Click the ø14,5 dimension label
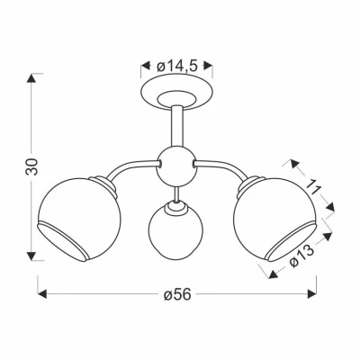pos(176,67)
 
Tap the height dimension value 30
pos(31,166)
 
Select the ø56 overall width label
pos(177,295)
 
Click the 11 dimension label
pos(312,187)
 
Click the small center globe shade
pos(175,230)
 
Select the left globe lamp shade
pos(79,220)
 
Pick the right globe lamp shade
pos(275,220)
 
